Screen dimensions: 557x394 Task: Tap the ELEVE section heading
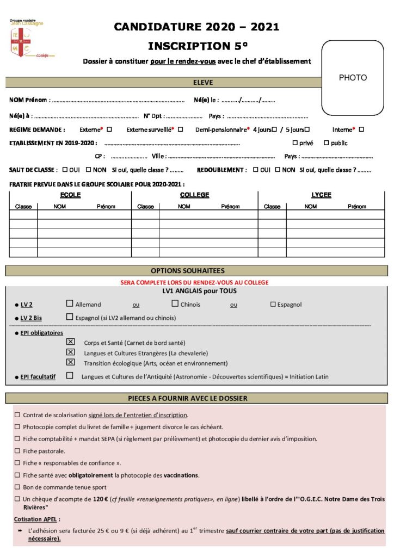(x=203, y=83)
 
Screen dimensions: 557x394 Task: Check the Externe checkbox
(x=109, y=129)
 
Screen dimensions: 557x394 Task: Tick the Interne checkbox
(x=361, y=129)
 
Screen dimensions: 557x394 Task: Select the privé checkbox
(x=295, y=143)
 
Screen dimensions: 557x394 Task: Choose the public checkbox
(x=327, y=143)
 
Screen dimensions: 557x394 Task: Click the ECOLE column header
(x=70, y=195)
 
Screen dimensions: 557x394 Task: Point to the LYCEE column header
(x=321, y=195)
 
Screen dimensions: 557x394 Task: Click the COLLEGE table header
(x=194, y=195)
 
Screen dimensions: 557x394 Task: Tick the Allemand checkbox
(x=69, y=304)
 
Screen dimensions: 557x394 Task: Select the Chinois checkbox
(x=175, y=304)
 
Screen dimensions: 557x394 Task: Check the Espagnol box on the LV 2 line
(x=273, y=304)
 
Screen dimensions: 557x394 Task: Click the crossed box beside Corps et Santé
(x=70, y=342)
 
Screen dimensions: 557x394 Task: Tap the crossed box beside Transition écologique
(x=70, y=362)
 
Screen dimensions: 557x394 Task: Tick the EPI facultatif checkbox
(x=70, y=375)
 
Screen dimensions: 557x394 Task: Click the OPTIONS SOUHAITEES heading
(x=195, y=270)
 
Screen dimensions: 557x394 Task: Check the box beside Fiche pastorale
(x=17, y=451)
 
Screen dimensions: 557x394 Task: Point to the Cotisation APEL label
(x=37, y=519)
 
